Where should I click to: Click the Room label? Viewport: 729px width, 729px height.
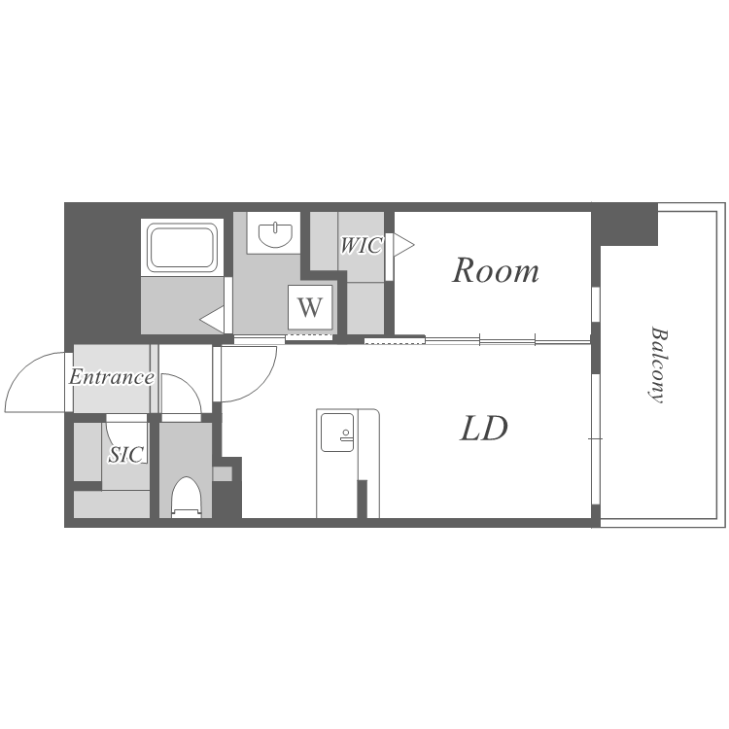(x=496, y=270)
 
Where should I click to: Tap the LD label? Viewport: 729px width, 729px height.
(x=483, y=429)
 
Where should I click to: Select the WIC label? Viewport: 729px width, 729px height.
(x=362, y=245)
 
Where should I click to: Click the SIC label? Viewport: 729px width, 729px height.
(x=126, y=454)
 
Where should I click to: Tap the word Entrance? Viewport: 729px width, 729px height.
(x=112, y=376)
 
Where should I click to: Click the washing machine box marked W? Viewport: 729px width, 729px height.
(x=310, y=307)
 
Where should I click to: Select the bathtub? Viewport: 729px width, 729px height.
(x=183, y=248)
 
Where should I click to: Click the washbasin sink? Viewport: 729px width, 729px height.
(x=275, y=235)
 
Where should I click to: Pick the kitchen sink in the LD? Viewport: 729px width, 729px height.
(x=337, y=433)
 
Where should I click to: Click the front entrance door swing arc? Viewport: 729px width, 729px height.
(x=28, y=372)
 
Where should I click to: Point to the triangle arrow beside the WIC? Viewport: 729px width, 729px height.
(x=403, y=245)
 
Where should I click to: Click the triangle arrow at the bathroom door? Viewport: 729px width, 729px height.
(x=212, y=320)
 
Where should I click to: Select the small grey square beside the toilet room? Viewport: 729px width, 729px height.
(x=223, y=473)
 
